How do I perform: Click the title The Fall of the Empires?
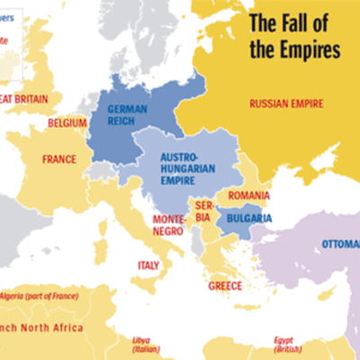point(294,35)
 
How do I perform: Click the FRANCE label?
point(58,159)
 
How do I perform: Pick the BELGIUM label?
point(67,122)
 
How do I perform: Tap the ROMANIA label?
point(248,196)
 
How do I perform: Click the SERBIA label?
point(202,211)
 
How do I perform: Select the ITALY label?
point(148,265)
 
